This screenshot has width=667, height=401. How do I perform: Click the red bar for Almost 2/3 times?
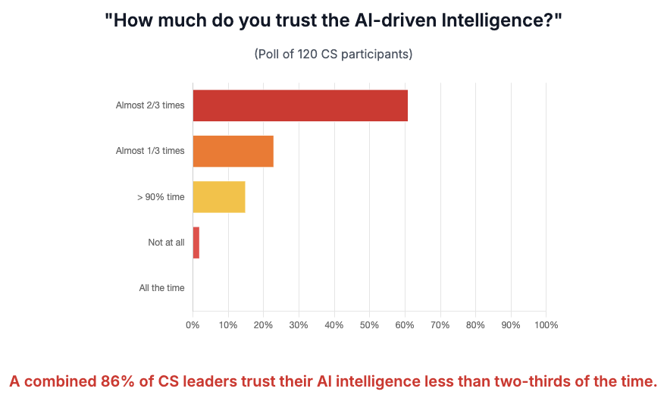click(x=300, y=105)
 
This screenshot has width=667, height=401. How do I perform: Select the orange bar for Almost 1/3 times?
click(x=233, y=151)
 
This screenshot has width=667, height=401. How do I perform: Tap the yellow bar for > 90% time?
click(x=219, y=196)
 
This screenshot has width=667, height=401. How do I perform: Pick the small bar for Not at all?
click(x=196, y=243)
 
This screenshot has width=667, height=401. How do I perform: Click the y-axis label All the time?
click(x=161, y=288)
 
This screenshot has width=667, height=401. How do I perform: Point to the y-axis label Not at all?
click(x=166, y=243)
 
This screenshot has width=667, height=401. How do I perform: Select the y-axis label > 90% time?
click(x=161, y=197)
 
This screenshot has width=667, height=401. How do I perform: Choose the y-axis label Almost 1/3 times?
click(x=150, y=151)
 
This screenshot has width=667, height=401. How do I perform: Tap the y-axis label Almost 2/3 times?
click(x=150, y=105)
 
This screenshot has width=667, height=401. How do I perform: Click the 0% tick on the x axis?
click(x=193, y=325)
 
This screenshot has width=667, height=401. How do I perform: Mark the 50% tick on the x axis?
click(x=369, y=325)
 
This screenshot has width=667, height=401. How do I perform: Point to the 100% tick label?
click(x=546, y=325)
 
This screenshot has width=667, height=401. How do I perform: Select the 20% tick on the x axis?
click(x=263, y=325)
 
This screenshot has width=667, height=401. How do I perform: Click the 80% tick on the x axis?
click(x=475, y=325)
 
